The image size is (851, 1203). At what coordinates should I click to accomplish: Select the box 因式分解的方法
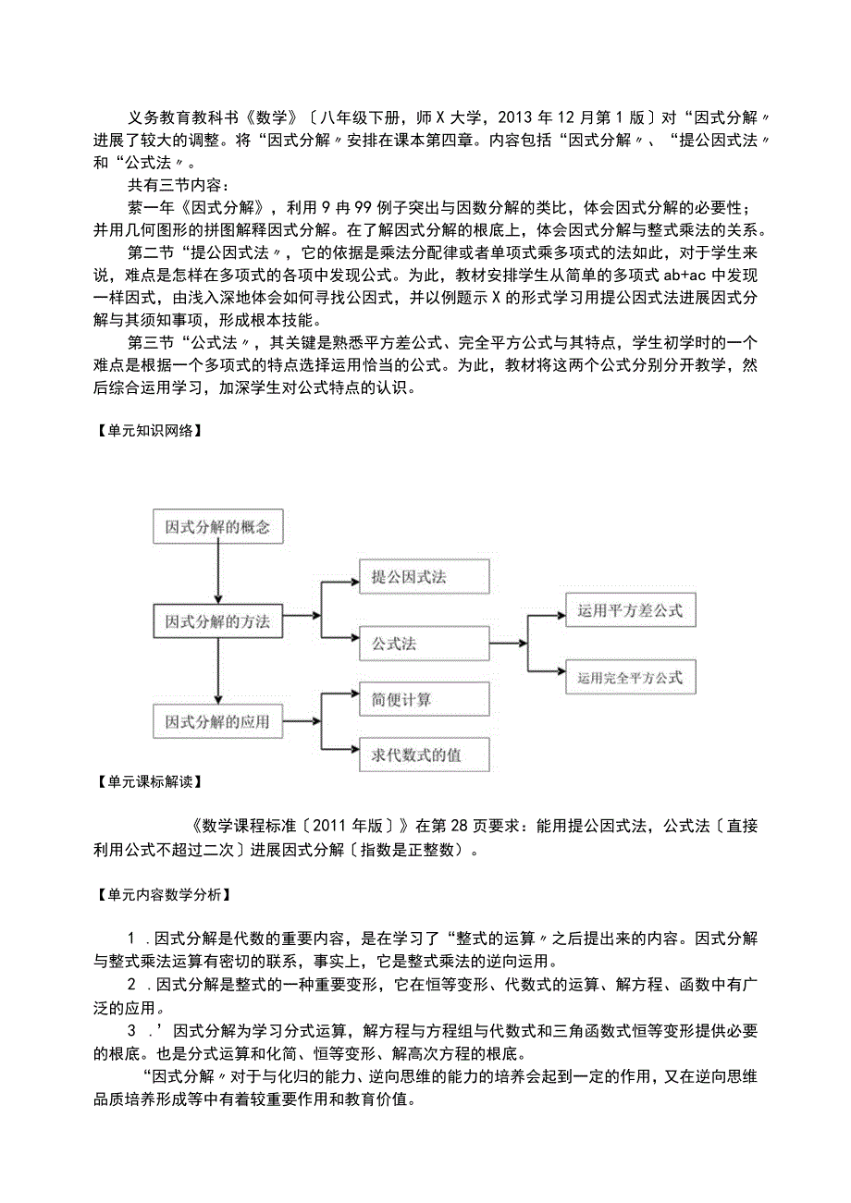coord(216,621)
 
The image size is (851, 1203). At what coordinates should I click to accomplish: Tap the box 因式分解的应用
coord(216,721)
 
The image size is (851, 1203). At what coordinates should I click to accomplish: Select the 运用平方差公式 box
coord(630,610)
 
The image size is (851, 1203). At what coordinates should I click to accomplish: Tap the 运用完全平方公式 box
coord(630,678)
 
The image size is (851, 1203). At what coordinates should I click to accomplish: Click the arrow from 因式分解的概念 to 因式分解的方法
coord(216,573)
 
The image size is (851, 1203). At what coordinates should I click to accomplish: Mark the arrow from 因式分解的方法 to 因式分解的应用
coord(216,672)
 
